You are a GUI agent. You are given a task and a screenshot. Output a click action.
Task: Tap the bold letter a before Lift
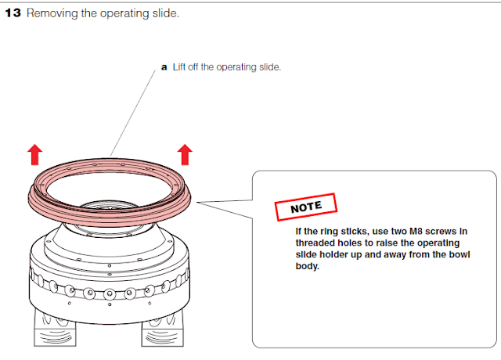click(164, 68)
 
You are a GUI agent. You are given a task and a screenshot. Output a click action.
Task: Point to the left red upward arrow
click(35, 154)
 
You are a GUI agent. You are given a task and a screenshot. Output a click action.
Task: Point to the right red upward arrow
click(185, 154)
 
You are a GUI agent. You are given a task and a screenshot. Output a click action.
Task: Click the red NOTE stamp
click(305, 208)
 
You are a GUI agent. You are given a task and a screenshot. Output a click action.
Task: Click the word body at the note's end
click(308, 268)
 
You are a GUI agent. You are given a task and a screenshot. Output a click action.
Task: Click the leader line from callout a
click(133, 110)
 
